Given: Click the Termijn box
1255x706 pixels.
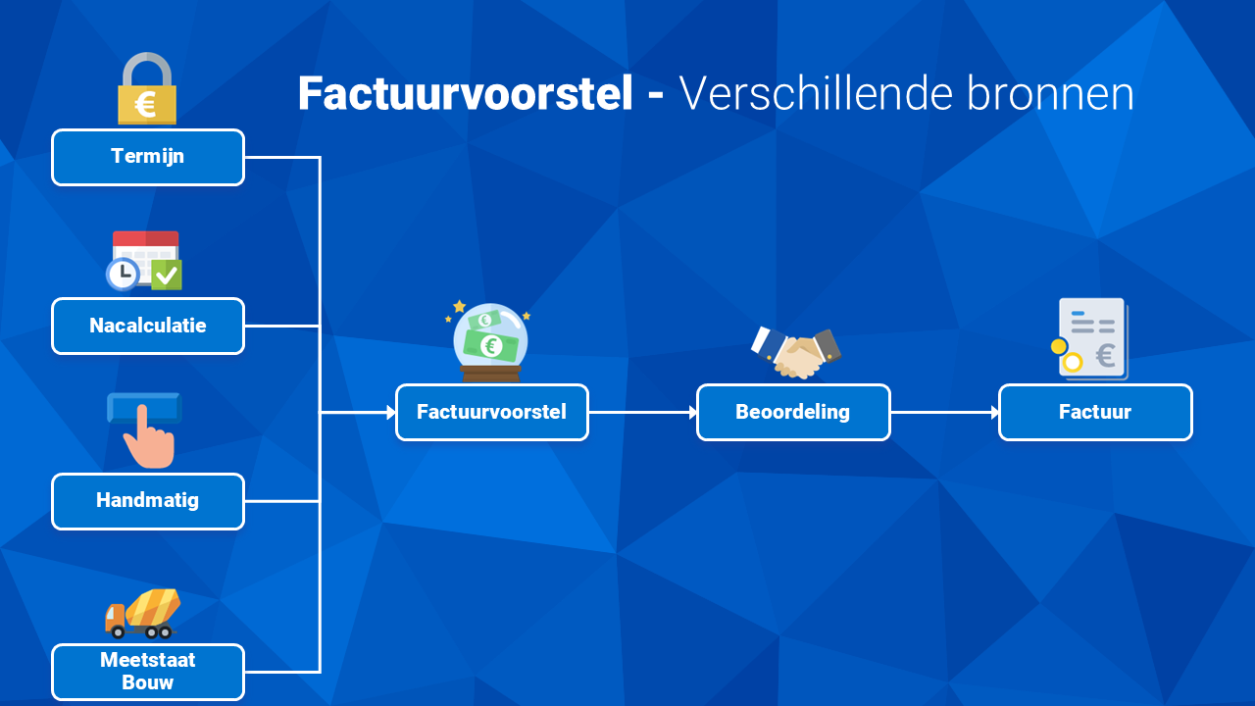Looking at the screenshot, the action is (x=148, y=158).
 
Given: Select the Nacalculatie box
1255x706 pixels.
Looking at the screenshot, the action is (x=148, y=327).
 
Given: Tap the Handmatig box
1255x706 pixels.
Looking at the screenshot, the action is (x=148, y=501).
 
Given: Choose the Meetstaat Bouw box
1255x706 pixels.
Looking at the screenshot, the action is (x=148, y=672).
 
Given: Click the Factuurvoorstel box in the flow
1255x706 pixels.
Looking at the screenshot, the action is (x=492, y=413).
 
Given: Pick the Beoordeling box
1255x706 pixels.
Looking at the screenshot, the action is (x=793, y=413).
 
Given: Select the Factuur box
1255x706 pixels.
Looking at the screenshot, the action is (x=1095, y=413).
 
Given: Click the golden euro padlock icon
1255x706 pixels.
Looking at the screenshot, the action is (x=147, y=88).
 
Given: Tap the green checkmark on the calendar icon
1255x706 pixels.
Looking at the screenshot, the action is (x=167, y=275).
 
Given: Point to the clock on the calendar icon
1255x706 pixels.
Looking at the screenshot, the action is (x=123, y=274).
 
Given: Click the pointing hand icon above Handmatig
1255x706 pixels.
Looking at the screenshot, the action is (x=146, y=430).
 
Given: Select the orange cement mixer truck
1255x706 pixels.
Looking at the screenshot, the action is (x=143, y=614).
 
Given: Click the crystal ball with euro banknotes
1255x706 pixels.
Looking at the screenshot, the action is (x=489, y=342).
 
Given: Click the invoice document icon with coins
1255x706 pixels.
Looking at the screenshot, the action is (x=1090, y=339).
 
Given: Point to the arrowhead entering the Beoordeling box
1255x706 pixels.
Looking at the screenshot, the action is (x=693, y=413).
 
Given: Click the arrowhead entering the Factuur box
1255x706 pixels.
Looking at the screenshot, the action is (x=995, y=413).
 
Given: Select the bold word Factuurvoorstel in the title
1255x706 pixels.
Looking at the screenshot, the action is (x=466, y=93).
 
